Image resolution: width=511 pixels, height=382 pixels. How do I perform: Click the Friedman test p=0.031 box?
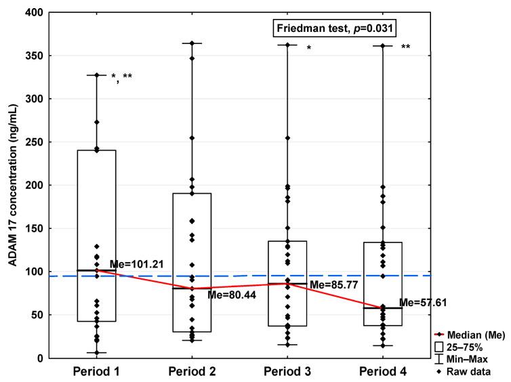pyautogui.click(x=334, y=28)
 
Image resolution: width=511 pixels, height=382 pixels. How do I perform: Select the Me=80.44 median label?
pyautogui.click(x=228, y=295)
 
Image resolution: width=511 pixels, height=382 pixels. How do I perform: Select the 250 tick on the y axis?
pyautogui.click(x=32, y=142)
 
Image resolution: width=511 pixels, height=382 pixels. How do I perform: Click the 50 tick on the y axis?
pyautogui.click(x=35, y=315)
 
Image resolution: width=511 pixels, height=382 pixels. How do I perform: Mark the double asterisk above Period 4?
pyautogui.click(x=405, y=47)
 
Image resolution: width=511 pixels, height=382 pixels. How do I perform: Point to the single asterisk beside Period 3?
pyautogui.click(x=308, y=48)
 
